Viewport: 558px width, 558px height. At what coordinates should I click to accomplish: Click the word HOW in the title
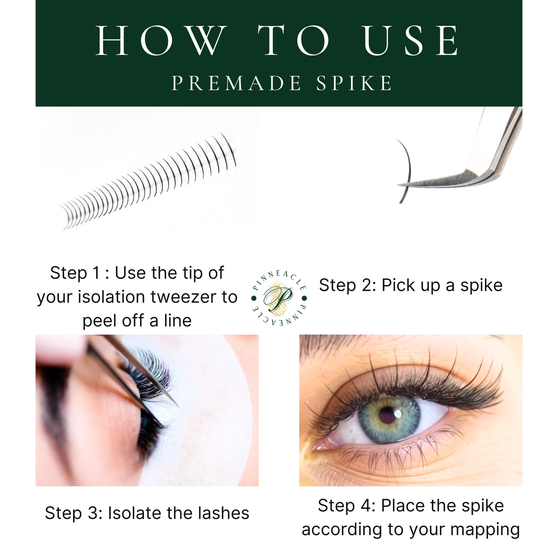coord(161,41)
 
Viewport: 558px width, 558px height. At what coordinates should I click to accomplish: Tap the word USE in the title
coord(412,41)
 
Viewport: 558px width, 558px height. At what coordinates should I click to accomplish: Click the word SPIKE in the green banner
coord(354,83)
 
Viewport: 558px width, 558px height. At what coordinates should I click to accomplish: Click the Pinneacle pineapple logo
coord(278,298)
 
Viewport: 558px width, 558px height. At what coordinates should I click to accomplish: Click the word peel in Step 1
coord(99,321)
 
